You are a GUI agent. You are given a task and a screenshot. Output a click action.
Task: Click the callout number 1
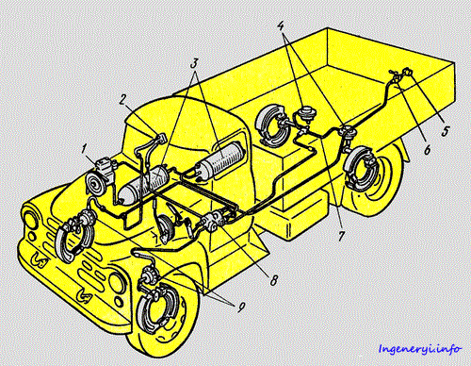coord(84,150)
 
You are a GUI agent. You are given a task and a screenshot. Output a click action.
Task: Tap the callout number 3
coord(194,63)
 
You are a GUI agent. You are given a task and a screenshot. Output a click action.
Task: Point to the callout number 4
coord(281,26)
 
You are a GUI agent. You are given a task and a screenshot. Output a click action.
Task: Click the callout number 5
coord(446,131)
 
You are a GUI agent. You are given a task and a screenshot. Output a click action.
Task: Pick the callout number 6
coord(427,150)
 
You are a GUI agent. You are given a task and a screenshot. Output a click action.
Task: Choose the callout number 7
coord(342,236)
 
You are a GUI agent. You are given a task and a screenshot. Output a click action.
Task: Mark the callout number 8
coord(274,280)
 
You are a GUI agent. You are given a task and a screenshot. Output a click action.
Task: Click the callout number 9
coord(240,308)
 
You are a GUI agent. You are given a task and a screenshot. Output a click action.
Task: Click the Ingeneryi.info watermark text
coord(420,349)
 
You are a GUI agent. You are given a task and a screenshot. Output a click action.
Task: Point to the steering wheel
coord(166,227)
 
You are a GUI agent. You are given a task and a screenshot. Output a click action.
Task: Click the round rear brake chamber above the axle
coord(304,111)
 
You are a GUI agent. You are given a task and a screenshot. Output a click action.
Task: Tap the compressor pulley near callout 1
coord(95,185)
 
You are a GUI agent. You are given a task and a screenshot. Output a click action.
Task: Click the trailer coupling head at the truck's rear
coord(407,72)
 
